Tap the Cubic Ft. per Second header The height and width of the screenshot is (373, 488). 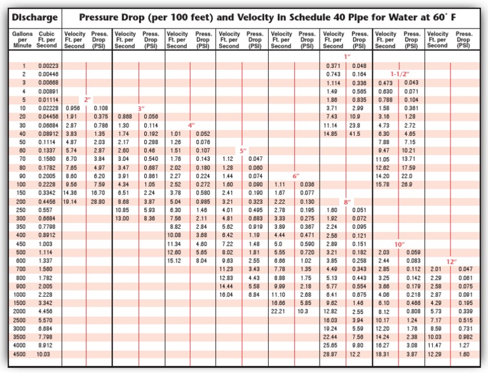[46, 39]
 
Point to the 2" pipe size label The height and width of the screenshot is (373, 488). [88, 100]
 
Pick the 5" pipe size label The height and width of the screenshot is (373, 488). [243, 151]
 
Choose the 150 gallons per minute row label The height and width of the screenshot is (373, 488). [22, 193]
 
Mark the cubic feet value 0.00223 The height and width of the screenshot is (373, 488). [48, 66]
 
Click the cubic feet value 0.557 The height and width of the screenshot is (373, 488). [46, 210]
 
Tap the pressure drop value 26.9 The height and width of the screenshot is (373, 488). [407, 184]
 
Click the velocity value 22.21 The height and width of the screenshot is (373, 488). [278, 311]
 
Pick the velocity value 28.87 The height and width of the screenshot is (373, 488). [330, 353]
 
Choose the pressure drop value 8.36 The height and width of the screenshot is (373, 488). [150, 218]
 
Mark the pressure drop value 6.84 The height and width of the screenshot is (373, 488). [254, 294]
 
